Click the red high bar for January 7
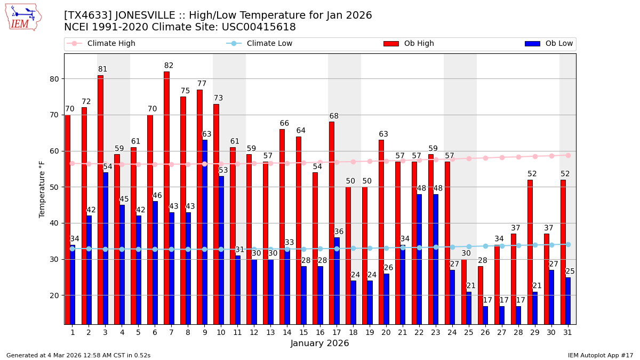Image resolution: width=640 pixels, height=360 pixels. [166, 197]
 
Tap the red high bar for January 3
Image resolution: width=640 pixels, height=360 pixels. [100, 199]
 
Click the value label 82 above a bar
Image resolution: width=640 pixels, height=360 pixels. [169, 66]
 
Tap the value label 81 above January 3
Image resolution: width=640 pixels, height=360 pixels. [103, 69]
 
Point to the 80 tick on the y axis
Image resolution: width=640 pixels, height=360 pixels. [54, 79]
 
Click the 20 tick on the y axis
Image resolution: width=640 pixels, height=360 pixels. [54, 295]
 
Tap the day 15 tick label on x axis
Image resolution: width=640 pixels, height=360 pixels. [303, 332]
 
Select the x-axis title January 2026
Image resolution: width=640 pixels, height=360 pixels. [320, 343]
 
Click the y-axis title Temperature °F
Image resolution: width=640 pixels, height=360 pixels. [42, 189]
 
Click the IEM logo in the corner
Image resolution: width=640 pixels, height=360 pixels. [23, 17]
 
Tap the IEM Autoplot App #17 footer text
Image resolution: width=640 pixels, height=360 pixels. [600, 355]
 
